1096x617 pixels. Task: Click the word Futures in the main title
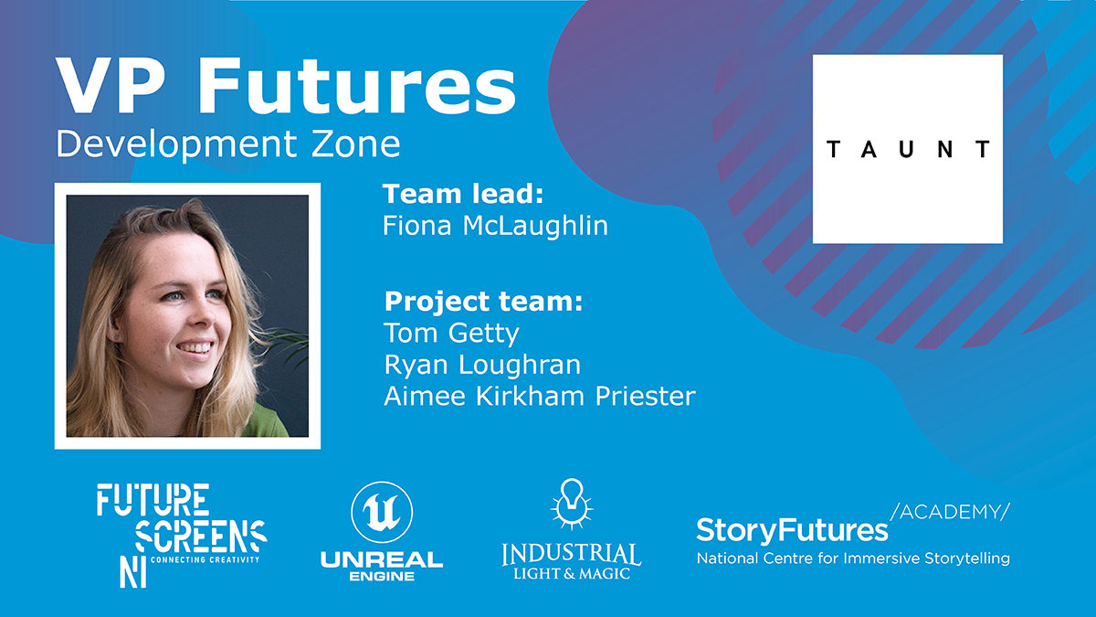357,86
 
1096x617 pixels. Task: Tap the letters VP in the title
109,86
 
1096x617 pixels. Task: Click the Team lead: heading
463,194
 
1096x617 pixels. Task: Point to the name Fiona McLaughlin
495,226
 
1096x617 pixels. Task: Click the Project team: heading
483,301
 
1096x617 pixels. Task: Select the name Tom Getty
451,334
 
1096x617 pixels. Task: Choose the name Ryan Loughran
482,365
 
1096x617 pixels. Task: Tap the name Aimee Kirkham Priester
540,396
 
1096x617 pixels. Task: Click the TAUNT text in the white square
908,149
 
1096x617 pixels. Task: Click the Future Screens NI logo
182,536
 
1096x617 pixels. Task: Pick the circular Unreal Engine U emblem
382,512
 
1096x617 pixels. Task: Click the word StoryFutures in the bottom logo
792,531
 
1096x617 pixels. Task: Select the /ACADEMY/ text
949,512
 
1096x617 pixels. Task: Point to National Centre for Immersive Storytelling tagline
853,558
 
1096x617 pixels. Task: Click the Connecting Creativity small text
205,559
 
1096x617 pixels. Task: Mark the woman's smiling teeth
195,347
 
